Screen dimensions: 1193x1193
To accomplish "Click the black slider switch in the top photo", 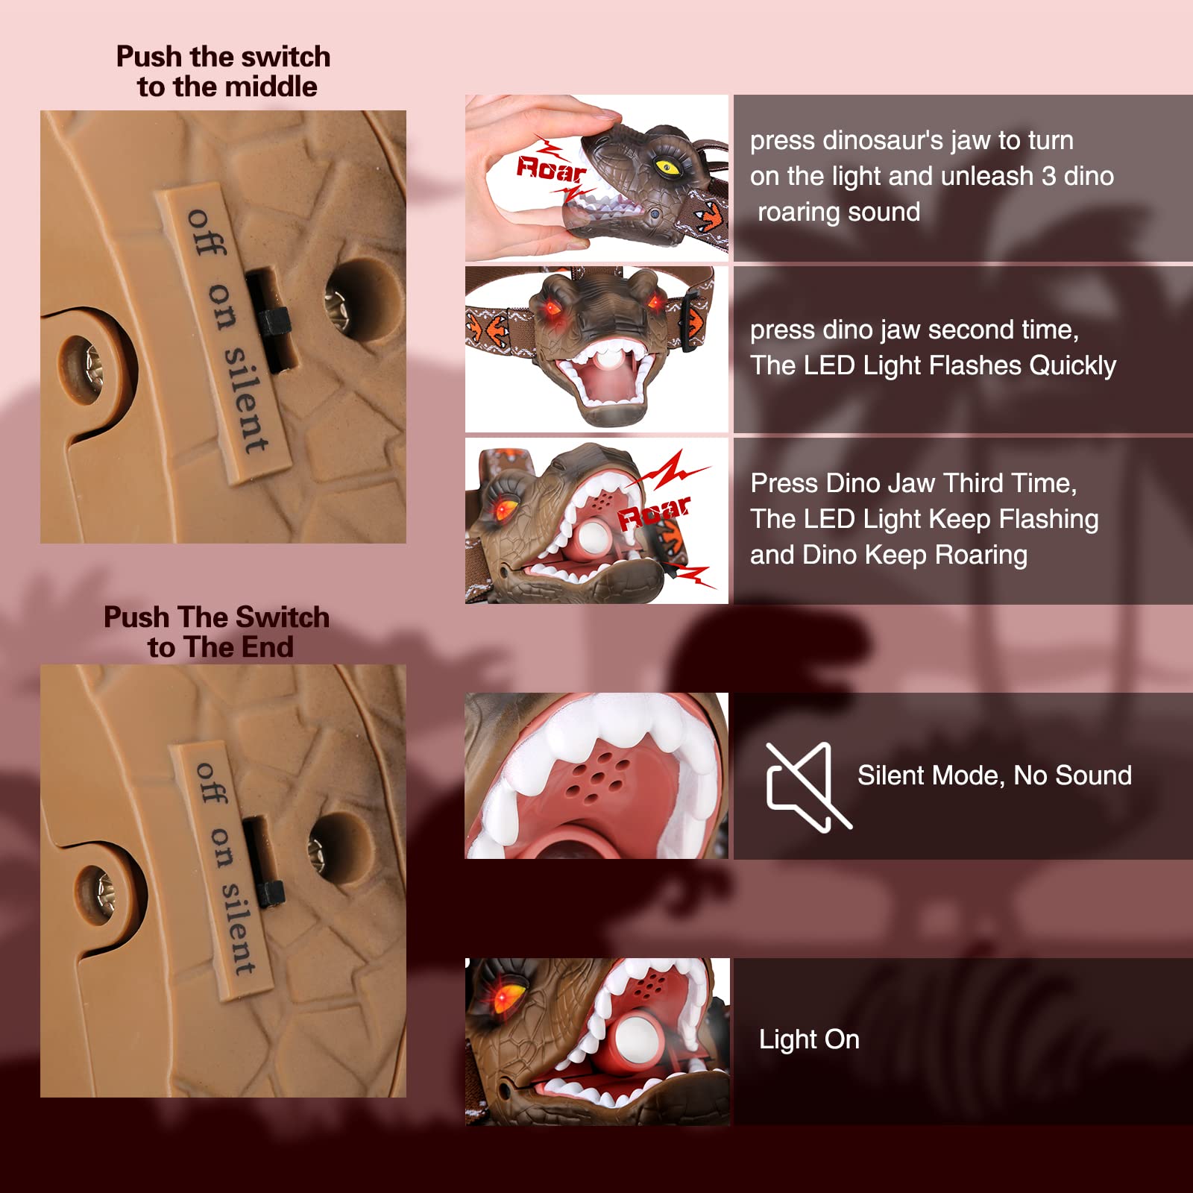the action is pos(274,322).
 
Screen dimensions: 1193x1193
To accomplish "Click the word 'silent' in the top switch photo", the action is pos(246,400).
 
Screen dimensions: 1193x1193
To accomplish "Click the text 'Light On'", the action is pos(809,1039).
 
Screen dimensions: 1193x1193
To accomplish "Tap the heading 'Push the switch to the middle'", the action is pos(224,72).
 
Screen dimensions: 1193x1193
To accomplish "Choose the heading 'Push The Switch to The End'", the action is pos(217,632).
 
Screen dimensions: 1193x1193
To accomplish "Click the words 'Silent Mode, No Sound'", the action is pos(995,775).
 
